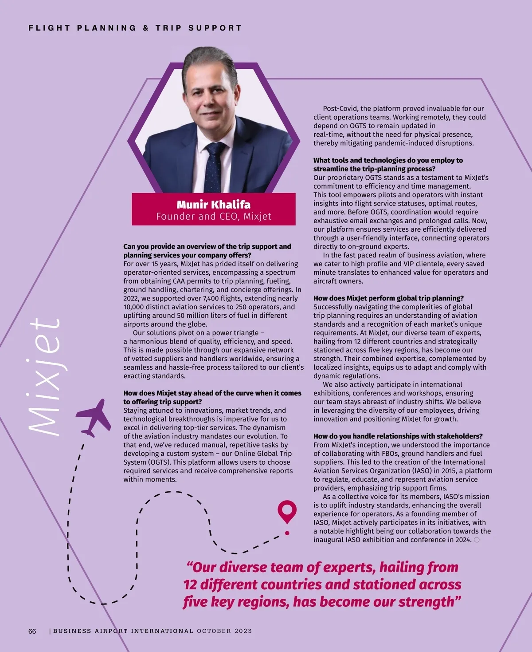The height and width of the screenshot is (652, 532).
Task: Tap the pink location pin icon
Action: point(287,511)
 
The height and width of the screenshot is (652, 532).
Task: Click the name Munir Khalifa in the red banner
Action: point(213,205)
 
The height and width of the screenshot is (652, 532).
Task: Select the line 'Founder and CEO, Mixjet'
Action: point(213,217)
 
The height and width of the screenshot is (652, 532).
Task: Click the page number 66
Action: point(32,631)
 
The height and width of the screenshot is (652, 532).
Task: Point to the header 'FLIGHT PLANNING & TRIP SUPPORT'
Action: point(135,28)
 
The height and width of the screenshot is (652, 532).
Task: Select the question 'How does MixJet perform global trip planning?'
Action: point(388,298)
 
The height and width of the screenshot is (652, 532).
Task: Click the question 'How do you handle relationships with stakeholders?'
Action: point(398,436)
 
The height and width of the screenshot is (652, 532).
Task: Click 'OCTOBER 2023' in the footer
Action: point(224,631)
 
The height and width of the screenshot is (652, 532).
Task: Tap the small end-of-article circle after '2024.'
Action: point(477,540)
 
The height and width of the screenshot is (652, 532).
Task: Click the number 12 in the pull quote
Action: point(190,585)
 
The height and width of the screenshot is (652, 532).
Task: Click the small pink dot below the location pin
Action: point(287,533)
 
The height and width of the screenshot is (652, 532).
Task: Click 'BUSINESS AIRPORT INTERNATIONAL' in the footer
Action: point(123,631)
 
